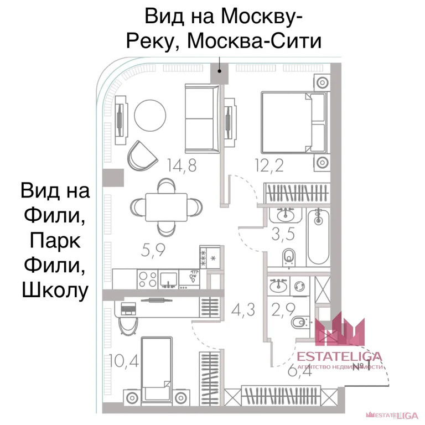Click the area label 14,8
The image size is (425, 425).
(x=182, y=165)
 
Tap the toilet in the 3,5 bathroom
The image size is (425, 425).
(x=289, y=256)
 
